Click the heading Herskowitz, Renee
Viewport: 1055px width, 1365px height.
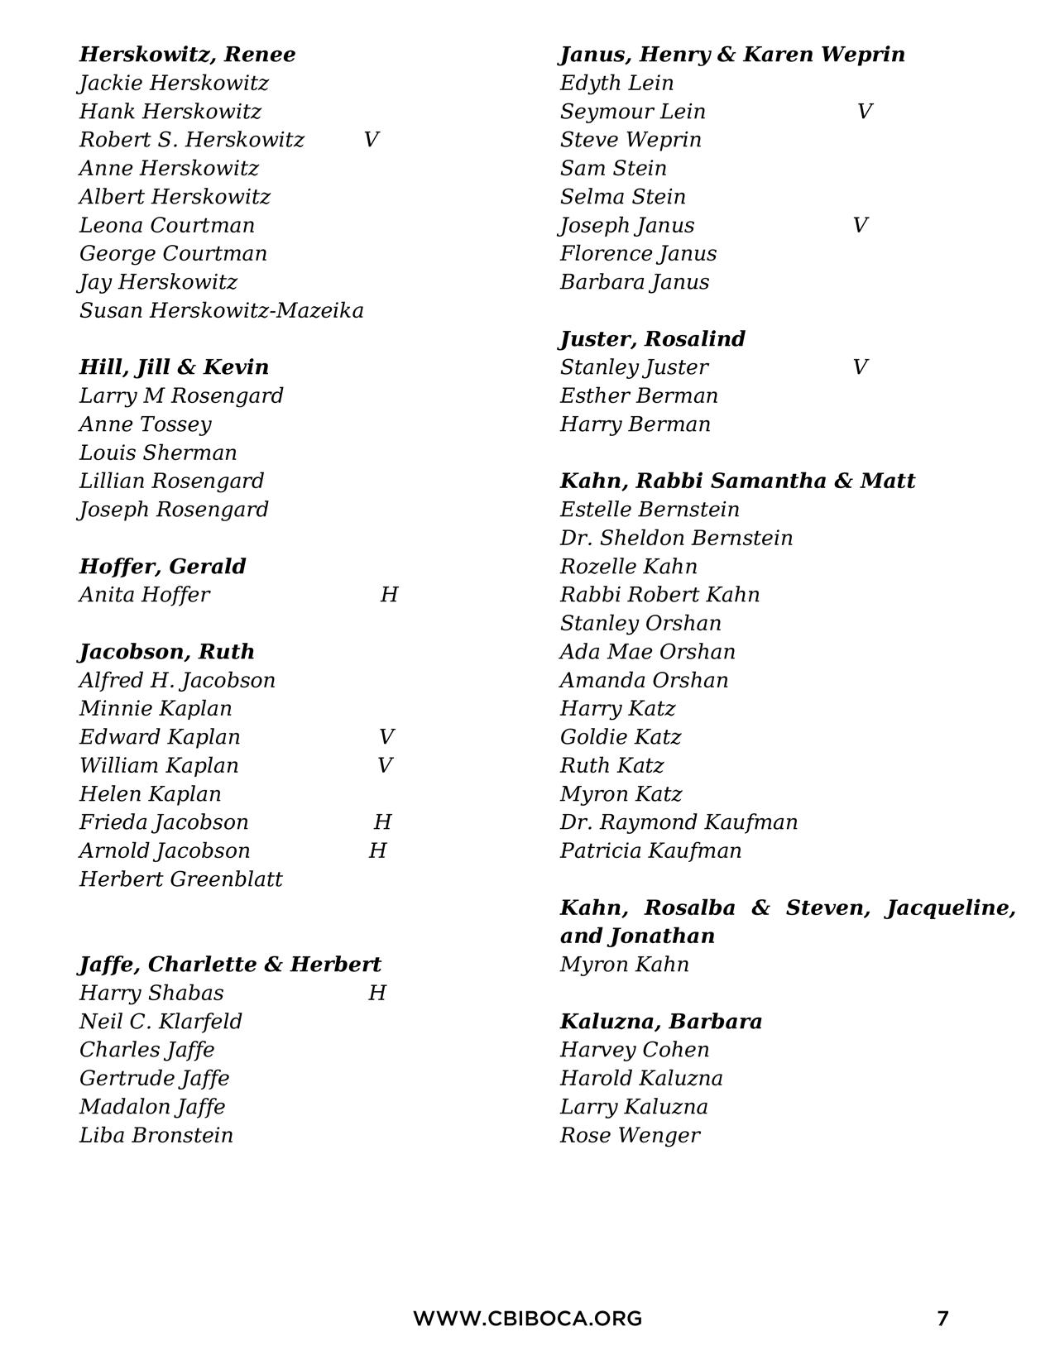click(x=187, y=55)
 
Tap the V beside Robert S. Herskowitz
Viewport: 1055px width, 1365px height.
click(x=371, y=140)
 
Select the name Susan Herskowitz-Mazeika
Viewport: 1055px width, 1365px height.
click(x=221, y=311)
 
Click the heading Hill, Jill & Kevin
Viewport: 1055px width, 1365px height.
click(x=174, y=367)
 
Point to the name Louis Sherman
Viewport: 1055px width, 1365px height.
click(x=158, y=453)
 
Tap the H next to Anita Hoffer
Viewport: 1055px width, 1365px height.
click(x=389, y=595)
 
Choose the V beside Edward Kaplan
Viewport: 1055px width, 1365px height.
click(x=386, y=737)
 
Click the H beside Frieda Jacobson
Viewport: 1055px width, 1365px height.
click(x=382, y=822)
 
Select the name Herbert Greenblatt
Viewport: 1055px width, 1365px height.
click(x=180, y=879)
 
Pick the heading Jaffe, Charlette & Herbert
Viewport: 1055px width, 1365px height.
click(x=230, y=965)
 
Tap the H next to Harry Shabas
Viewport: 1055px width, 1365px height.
click(x=377, y=993)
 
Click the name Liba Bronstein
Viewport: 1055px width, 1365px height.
click(x=156, y=1135)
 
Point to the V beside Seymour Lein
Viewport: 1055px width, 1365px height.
click(x=865, y=112)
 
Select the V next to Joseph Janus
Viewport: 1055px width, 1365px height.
click(x=861, y=225)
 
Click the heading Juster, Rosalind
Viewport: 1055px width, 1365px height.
click(x=652, y=339)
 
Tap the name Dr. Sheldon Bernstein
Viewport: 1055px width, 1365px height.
click(x=676, y=539)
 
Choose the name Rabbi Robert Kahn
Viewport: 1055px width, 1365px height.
click(x=659, y=595)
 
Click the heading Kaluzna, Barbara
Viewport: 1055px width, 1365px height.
click(x=660, y=1022)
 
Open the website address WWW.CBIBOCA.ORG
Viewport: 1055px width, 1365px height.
click(x=527, y=1318)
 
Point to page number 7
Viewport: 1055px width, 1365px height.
click(x=942, y=1318)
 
